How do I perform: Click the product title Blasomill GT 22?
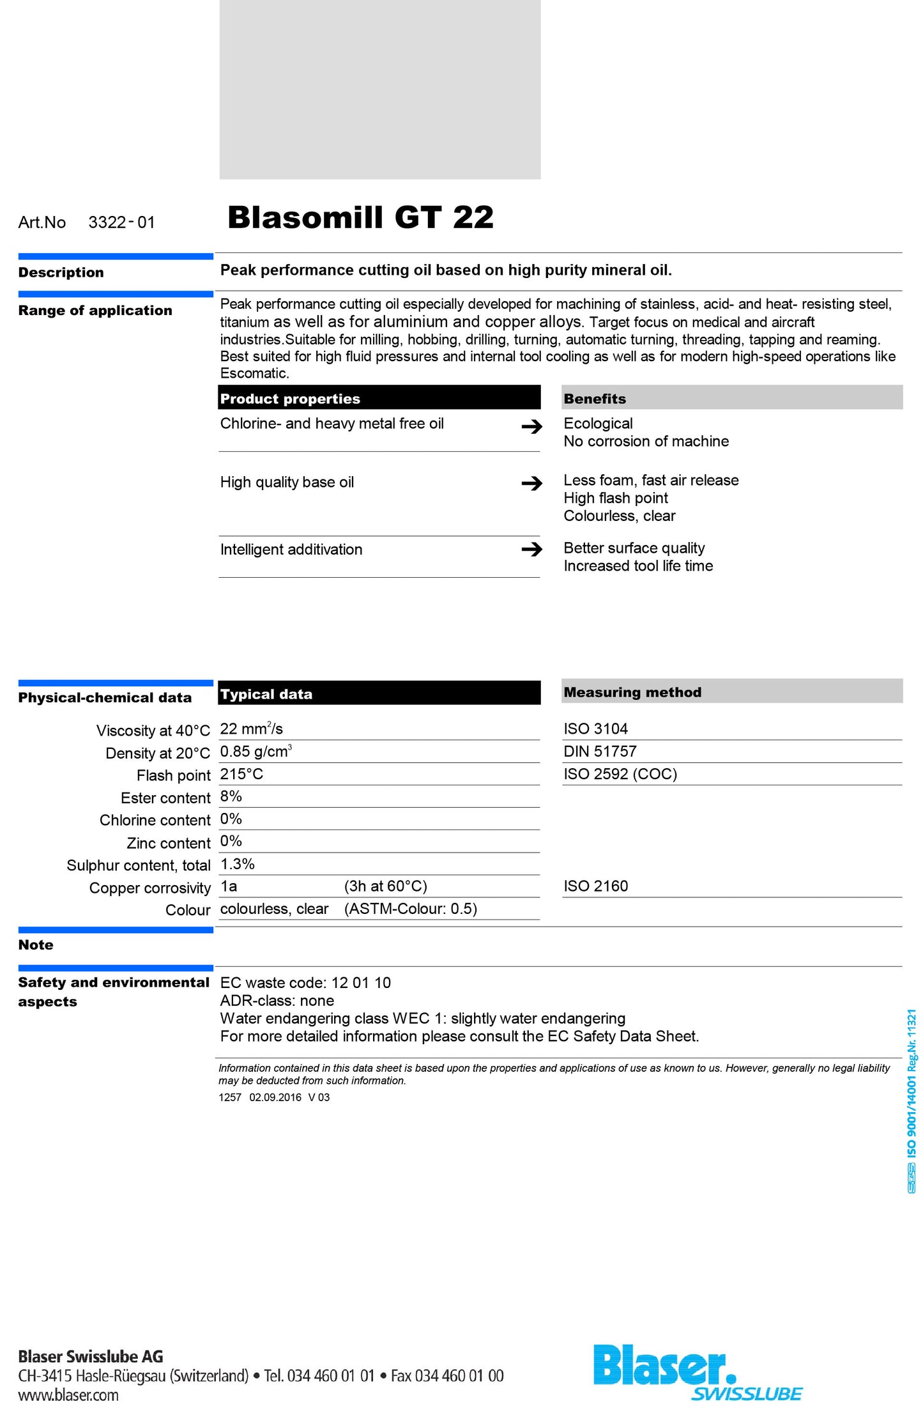360,217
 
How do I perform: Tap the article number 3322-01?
121,222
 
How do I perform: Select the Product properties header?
290,399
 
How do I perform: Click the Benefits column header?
595,399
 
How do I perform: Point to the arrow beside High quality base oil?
531,483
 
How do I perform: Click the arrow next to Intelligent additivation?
531,549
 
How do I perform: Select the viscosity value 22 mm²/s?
251,729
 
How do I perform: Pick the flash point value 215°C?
241,774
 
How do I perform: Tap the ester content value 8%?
231,796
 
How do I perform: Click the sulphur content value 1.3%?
237,864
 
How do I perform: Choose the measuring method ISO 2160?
595,886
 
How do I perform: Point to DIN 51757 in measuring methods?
600,752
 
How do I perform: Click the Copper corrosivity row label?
149,888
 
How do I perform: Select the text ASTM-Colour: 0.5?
411,909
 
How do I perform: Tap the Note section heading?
36,945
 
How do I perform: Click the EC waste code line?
305,983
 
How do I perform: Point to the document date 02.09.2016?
275,1097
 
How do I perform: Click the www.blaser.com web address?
68,1395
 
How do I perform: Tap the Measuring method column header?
632,692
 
